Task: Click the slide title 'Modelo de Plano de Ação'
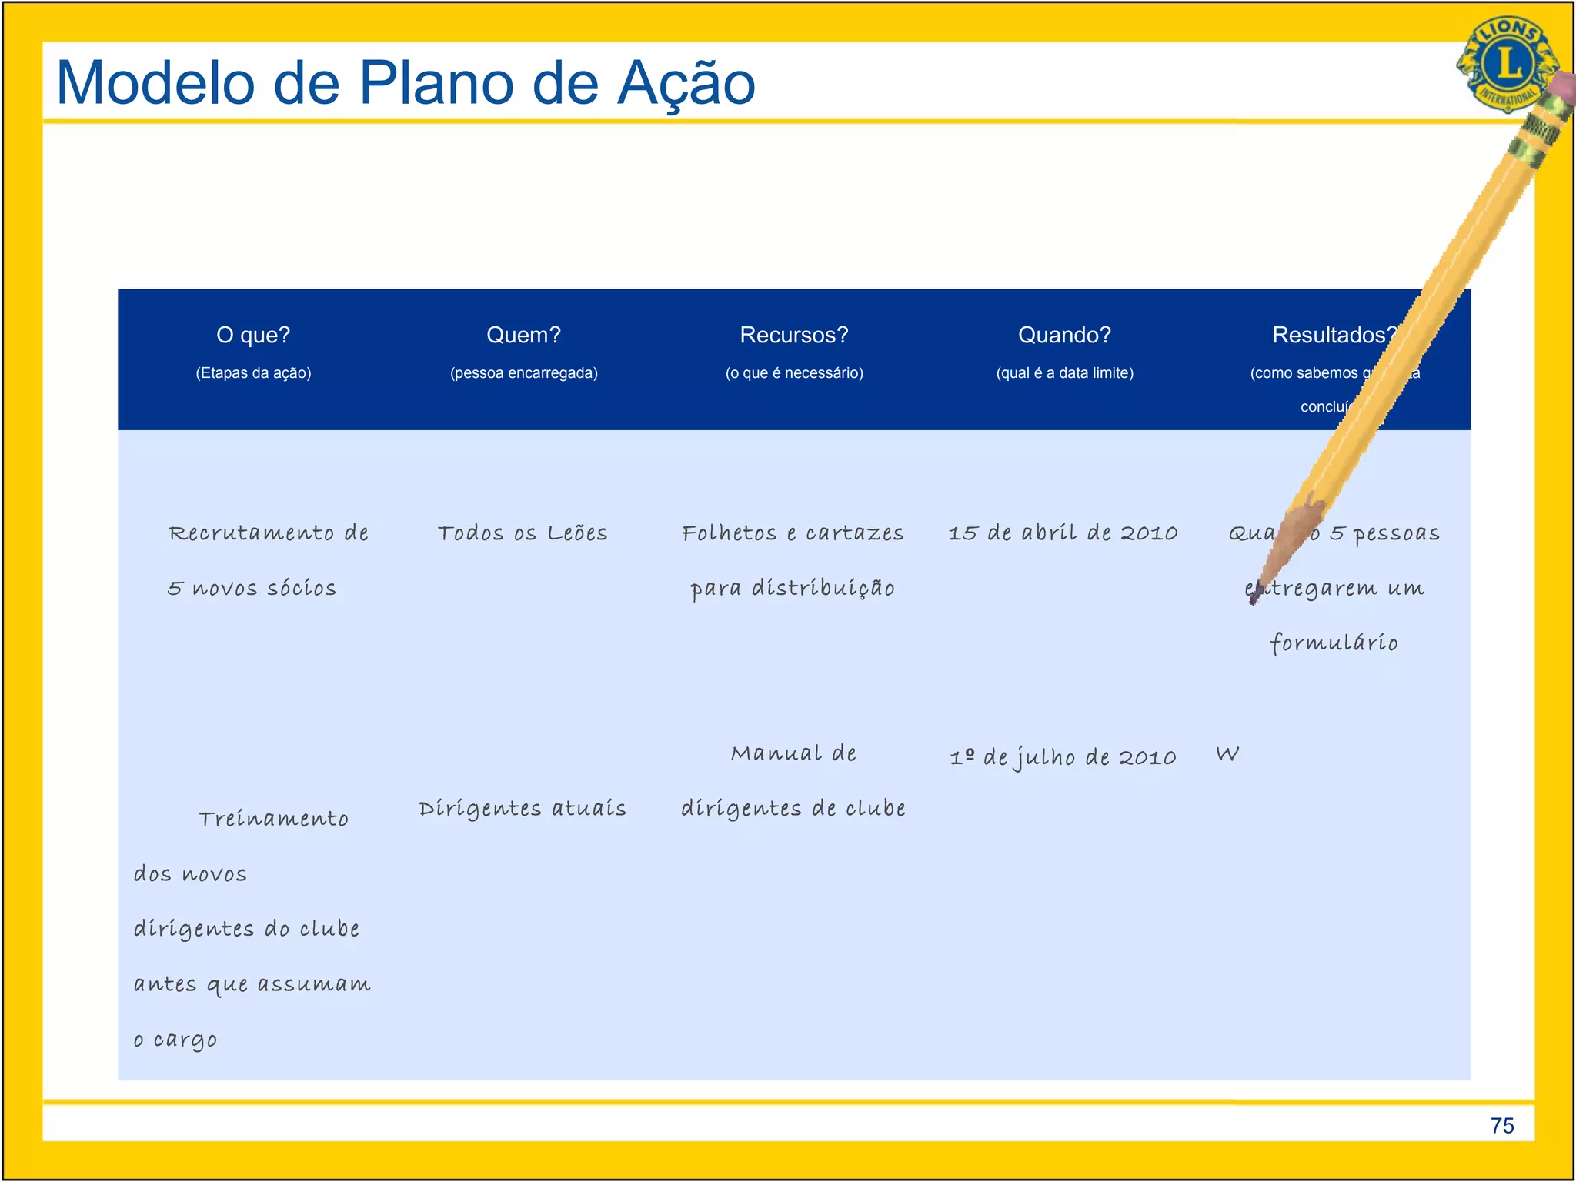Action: pos(406,83)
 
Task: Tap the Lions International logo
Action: pos(1504,63)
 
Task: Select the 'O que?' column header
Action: pos(253,335)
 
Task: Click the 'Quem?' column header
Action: pos(523,335)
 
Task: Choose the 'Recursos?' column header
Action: pos(793,335)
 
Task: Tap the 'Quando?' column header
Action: pos(1064,335)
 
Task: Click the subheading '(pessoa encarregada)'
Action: pos(523,373)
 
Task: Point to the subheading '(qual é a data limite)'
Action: pos(1064,373)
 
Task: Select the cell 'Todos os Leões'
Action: pos(523,533)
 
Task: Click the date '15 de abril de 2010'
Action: pos(1063,533)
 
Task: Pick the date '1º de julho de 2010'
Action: pos(1063,757)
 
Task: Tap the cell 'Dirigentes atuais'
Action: pos(523,809)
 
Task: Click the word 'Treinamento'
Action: pos(273,819)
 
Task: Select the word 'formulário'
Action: pos(1334,643)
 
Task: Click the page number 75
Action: pos(1501,1126)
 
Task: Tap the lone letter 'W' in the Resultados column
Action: pos(1227,754)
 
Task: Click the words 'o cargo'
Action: pos(175,1040)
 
